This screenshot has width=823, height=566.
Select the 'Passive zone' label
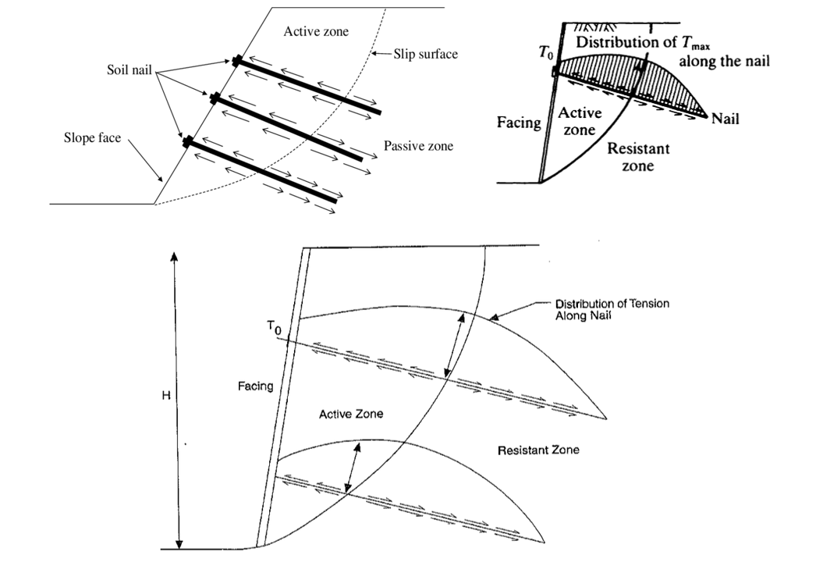(x=417, y=146)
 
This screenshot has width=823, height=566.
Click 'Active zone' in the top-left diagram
(x=316, y=32)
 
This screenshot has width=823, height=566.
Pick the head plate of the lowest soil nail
(x=186, y=142)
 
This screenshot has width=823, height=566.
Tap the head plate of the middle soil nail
(x=211, y=98)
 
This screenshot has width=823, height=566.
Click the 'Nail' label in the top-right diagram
(x=725, y=119)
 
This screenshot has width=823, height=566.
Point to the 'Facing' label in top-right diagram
(x=520, y=123)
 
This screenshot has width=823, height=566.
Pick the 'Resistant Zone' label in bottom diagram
(x=538, y=450)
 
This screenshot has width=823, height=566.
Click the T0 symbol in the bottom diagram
(x=273, y=331)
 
